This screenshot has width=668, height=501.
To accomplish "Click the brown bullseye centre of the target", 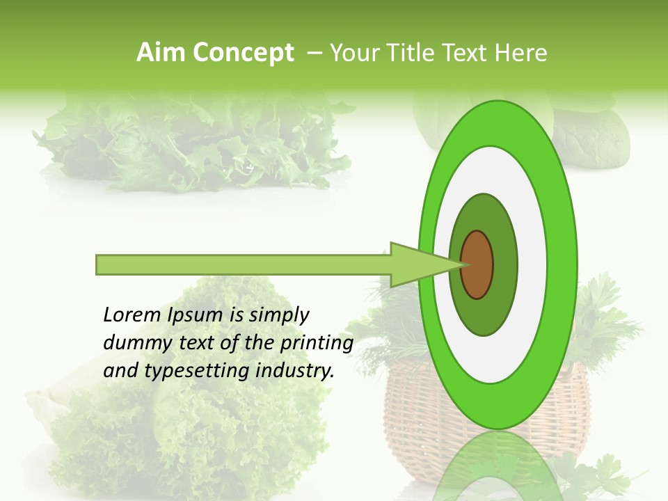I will pos(477,264).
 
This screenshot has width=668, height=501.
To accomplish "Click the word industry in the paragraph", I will pos(293,371).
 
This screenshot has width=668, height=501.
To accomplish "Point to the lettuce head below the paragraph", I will pos(188,431).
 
